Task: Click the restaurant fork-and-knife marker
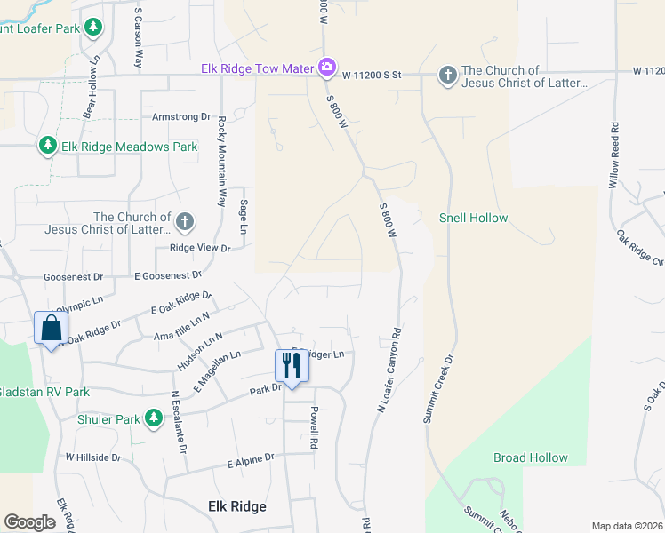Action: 291,364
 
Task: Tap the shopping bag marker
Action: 51,327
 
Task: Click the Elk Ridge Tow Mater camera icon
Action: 327,67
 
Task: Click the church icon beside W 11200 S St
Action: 447,76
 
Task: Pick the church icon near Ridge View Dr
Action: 184,221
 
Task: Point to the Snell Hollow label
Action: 474,218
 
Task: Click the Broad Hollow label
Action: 531,458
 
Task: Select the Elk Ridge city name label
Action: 236,506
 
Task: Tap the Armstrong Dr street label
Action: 180,116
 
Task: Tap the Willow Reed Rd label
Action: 613,161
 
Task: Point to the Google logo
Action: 29,522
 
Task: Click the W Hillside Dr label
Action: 92,457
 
